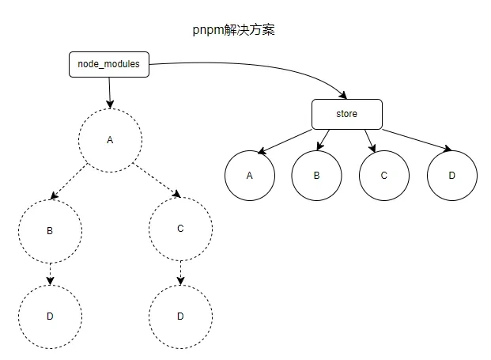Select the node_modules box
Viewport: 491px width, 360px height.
coord(109,65)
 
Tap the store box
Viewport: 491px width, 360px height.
coord(346,114)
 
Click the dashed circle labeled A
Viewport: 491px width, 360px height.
coord(110,139)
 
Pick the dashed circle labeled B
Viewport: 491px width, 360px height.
coord(50,231)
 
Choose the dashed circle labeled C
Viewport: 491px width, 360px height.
coord(180,228)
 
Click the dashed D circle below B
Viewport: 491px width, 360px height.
coord(50,316)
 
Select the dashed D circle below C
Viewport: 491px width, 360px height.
coord(180,316)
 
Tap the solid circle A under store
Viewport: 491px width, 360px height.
coord(249,174)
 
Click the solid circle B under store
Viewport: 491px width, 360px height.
coord(316,174)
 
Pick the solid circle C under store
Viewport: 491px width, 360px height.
coord(383,174)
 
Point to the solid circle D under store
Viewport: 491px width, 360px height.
coord(451,174)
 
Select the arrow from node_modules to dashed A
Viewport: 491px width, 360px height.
coord(110,92)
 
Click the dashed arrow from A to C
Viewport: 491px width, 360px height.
coord(155,180)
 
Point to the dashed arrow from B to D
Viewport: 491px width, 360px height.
coord(50,273)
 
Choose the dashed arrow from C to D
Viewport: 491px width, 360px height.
coord(180,271)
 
